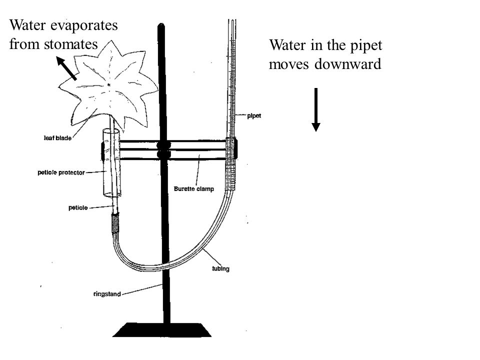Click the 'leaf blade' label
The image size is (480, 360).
(x=56, y=139)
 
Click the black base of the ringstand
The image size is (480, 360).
(x=166, y=330)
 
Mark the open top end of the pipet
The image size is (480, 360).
(x=231, y=21)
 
